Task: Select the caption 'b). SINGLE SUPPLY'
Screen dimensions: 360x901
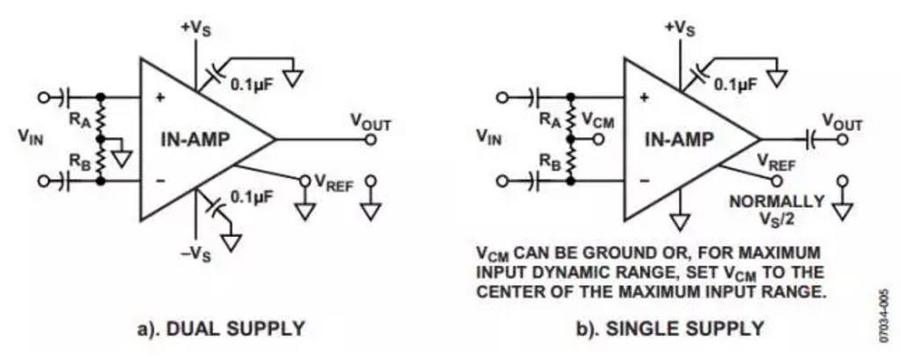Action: click(670, 329)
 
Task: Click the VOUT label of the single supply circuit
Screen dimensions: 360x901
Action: click(842, 121)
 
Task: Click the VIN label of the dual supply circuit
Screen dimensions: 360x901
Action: click(30, 137)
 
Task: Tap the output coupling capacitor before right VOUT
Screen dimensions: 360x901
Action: click(810, 138)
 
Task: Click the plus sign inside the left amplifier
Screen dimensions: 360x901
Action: click(159, 98)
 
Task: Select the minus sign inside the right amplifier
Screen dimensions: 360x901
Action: click(644, 180)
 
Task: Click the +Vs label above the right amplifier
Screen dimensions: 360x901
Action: click(679, 27)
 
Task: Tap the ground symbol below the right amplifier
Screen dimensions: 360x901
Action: click(680, 221)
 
